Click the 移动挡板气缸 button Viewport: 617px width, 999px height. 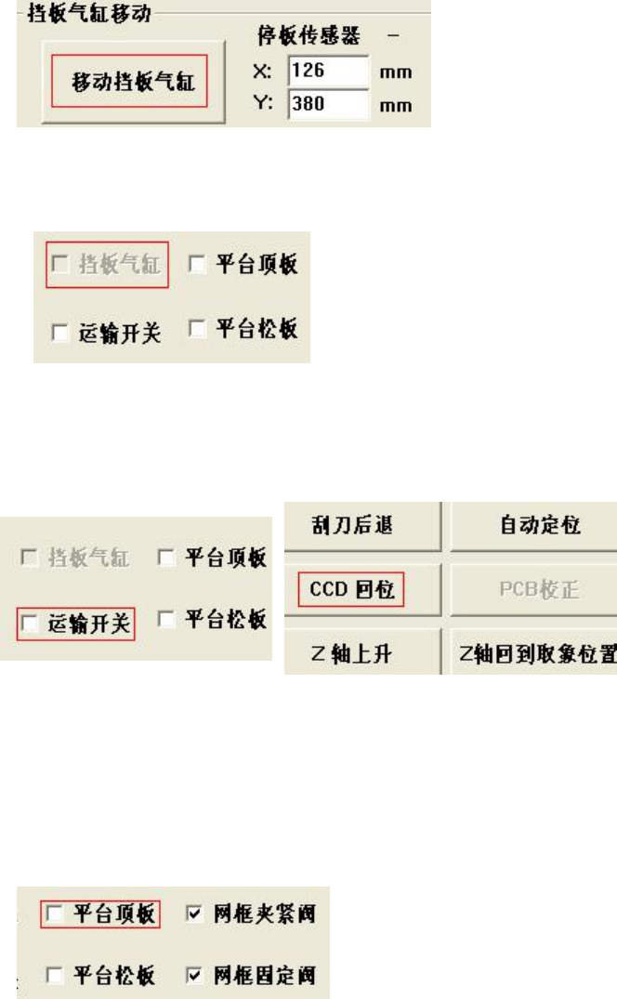[x=127, y=82]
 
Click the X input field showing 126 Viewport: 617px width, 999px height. [x=329, y=72]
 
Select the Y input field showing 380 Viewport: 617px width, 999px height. [x=329, y=104]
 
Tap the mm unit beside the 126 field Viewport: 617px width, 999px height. [x=397, y=72]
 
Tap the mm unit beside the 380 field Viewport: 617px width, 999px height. [x=397, y=105]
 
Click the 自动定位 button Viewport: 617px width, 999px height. [x=533, y=525]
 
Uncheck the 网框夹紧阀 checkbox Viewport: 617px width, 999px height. [x=193, y=888]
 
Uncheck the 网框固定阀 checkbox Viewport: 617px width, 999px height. [x=193, y=951]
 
